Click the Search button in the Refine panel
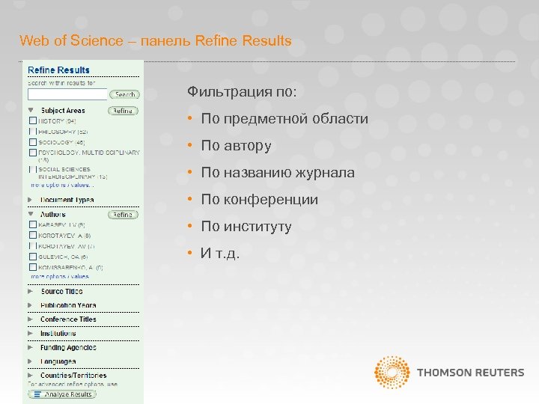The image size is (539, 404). (124, 94)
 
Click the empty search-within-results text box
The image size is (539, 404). (67, 94)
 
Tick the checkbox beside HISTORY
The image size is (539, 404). (32, 120)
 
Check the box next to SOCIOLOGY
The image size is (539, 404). (32, 141)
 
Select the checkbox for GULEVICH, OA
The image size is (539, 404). (32, 256)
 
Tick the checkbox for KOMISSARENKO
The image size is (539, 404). (32, 267)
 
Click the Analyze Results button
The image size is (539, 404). (68, 394)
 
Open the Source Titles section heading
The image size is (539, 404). (61, 291)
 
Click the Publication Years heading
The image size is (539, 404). (68, 305)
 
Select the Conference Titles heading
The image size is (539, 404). (68, 319)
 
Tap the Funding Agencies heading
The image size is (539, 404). (68, 347)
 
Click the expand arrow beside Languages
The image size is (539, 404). (31, 361)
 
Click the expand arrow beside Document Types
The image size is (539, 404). (31, 200)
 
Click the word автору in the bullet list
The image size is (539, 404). (247, 146)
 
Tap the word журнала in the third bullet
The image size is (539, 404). (326, 173)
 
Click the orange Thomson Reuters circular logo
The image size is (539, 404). (392, 373)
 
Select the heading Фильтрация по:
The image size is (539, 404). (242, 91)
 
